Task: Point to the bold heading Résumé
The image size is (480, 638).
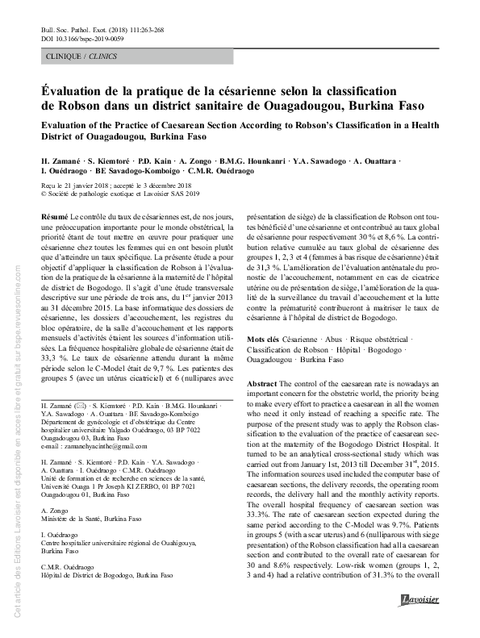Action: click(54, 218)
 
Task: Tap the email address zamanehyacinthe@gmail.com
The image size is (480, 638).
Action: click(91, 447)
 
